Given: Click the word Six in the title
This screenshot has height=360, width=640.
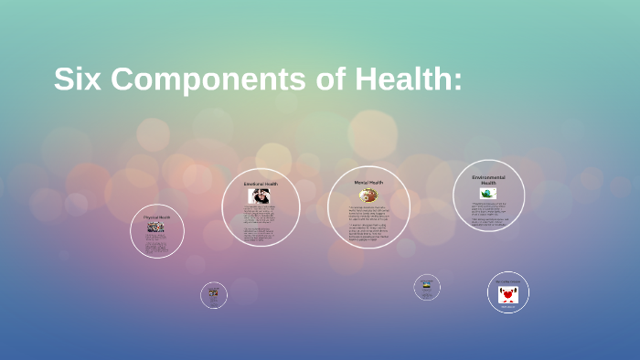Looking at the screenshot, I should pyautogui.click(x=75, y=79).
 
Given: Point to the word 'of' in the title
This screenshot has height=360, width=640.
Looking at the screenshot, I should pyautogui.click(x=310, y=79).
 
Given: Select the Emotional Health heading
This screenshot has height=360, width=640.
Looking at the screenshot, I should pyautogui.click(x=261, y=184).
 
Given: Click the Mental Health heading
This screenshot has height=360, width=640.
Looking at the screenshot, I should pyautogui.click(x=368, y=183).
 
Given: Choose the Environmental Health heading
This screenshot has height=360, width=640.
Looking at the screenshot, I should pyautogui.click(x=488, y=179).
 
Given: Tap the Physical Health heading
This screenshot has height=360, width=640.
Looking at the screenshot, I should pyautogui.click(x=156, y=217).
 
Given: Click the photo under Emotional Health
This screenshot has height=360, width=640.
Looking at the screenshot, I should pyautogui.click(x=260, y=196).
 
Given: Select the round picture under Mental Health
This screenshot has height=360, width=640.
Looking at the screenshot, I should pyautogui.click(x=368, y=196).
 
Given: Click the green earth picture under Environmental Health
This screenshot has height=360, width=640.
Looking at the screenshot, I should pyautogui.click(x=488, y=194).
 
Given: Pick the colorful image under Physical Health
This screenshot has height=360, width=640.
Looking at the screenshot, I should pyautogui.click(x=156, y=227).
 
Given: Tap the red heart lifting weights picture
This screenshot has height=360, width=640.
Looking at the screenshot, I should pyautogui.click(x=508, y=295).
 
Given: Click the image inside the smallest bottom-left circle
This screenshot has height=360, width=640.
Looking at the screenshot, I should pyautogui.click(x=214, y=293).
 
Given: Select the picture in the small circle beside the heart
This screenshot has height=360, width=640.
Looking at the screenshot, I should pyautogui.click(x=426, y=286).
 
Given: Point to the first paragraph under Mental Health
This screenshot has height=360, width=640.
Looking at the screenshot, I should pyautogui.click(x=368, y=212).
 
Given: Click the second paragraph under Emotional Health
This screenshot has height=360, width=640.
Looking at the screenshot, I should pyautogui.click(x=261, y=234).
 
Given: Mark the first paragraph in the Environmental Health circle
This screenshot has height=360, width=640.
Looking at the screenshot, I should pyautogui.click(x=488, y=207).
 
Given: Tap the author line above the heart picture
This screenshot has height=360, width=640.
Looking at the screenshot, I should pyautogui.click(x=508, y=281).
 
